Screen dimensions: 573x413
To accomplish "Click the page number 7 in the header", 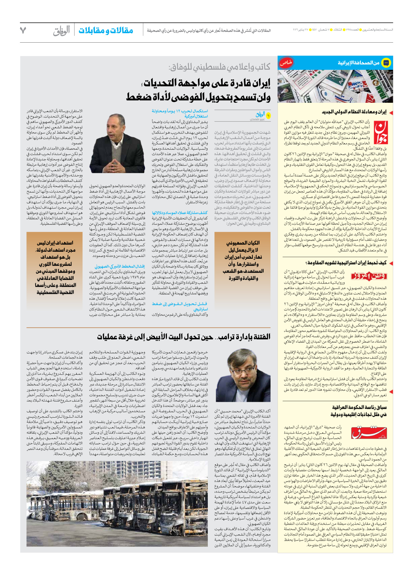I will coord(23,30).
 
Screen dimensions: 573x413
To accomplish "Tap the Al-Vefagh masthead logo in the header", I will coord(61,31).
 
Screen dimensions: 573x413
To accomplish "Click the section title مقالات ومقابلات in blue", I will coord(106,31).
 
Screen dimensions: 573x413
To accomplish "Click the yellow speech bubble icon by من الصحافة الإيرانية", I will coord(386,62).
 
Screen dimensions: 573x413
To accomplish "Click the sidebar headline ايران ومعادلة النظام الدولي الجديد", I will coord(354,112).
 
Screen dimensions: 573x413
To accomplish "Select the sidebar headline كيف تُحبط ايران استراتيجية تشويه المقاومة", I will coord(347,263).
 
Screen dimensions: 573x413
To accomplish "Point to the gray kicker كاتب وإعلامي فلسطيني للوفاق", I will coord(219,67).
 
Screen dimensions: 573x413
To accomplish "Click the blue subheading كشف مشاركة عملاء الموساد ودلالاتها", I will coord(180,213).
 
